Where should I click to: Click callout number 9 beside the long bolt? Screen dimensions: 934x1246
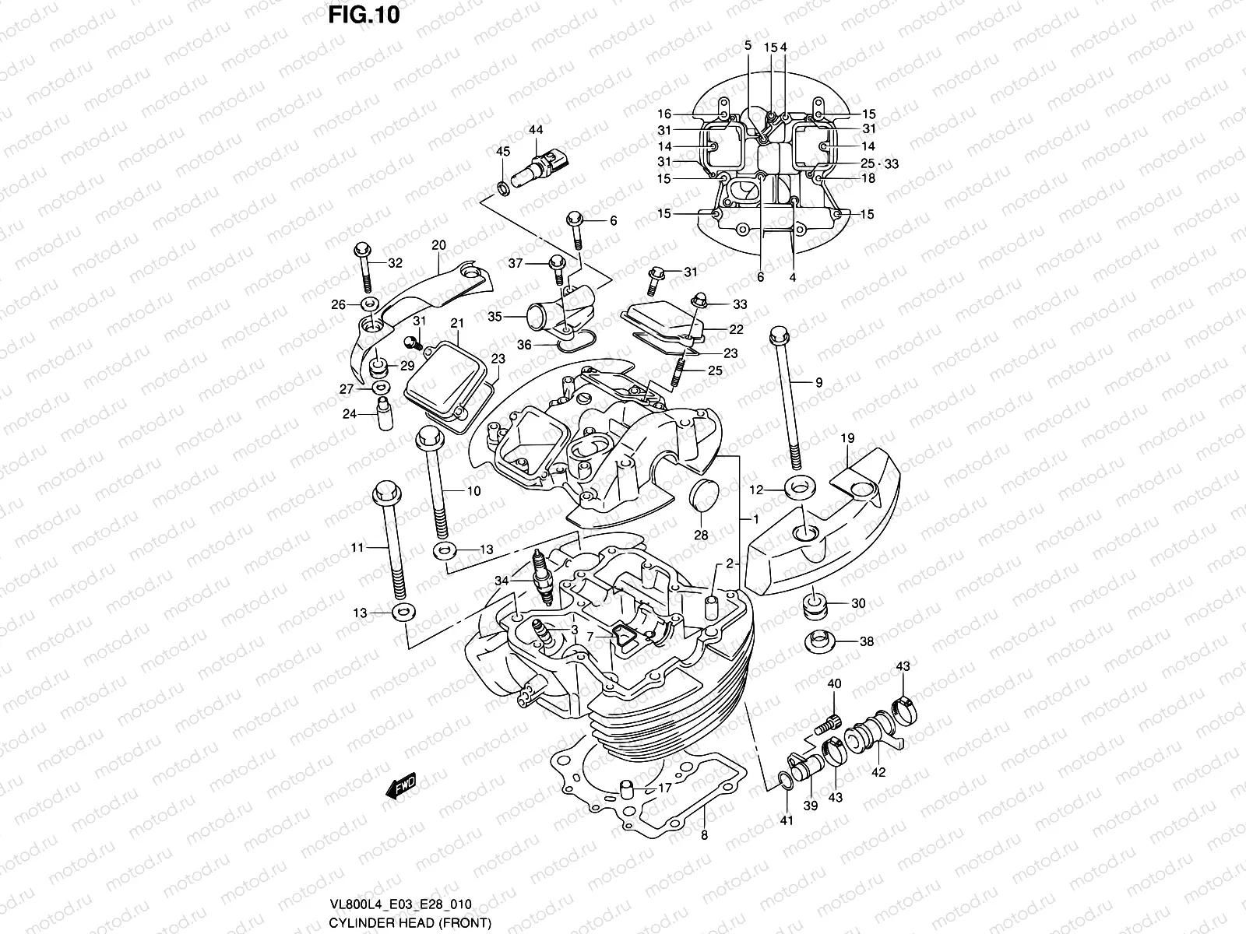coord(818,382)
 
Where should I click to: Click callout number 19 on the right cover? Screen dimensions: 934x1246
coord(848,439)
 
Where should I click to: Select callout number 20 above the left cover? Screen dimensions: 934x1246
coord(438,245)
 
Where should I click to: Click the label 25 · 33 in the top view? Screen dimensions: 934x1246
coord(879,163)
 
